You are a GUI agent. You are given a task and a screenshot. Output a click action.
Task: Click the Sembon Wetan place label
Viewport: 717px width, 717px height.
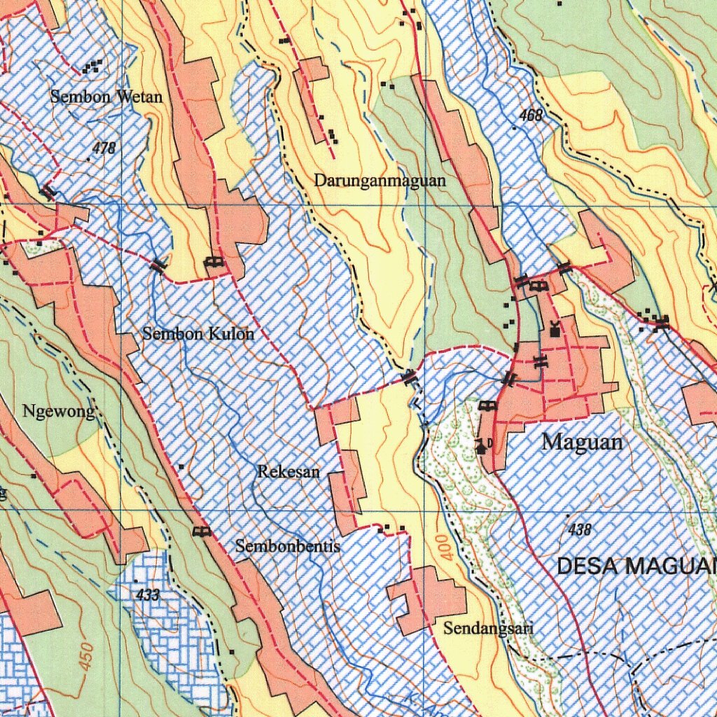click(106, 97)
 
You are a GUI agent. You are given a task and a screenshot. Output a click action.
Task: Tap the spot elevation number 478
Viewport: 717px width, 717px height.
click(104, 148)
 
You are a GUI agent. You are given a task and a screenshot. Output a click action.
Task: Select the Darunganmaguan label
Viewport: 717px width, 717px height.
click(380, 181)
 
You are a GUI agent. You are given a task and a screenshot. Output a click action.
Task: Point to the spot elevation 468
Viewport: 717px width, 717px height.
click(531, 116)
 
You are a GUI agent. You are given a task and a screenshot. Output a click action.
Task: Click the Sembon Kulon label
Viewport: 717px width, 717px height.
click(198, 333)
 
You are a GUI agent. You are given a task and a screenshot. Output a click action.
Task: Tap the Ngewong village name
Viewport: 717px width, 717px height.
click(58, 412)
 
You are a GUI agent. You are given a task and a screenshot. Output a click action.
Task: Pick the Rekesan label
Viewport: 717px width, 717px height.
click(288, 471)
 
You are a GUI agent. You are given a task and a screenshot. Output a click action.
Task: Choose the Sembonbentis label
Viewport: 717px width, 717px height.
click(288, 546)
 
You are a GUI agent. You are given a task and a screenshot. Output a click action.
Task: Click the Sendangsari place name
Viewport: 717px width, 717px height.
click(488, 628)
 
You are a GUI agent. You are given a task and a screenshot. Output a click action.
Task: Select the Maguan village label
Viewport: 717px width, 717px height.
click(582, 443)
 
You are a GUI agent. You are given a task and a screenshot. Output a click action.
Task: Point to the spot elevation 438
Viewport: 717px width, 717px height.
click(580, 530)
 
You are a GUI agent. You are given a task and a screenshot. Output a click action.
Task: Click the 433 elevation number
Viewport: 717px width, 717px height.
click(148, 595)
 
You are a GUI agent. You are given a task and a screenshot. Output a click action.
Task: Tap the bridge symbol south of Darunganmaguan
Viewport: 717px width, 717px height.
click(410, 378)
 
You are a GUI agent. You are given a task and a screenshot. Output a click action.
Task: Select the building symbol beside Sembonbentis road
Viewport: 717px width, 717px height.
click(202, 532)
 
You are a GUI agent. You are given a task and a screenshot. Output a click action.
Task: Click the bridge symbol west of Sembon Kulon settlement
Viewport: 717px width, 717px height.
click(159, 265)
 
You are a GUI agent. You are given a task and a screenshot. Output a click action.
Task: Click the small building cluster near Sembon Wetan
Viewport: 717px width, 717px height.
click(92, 67)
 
